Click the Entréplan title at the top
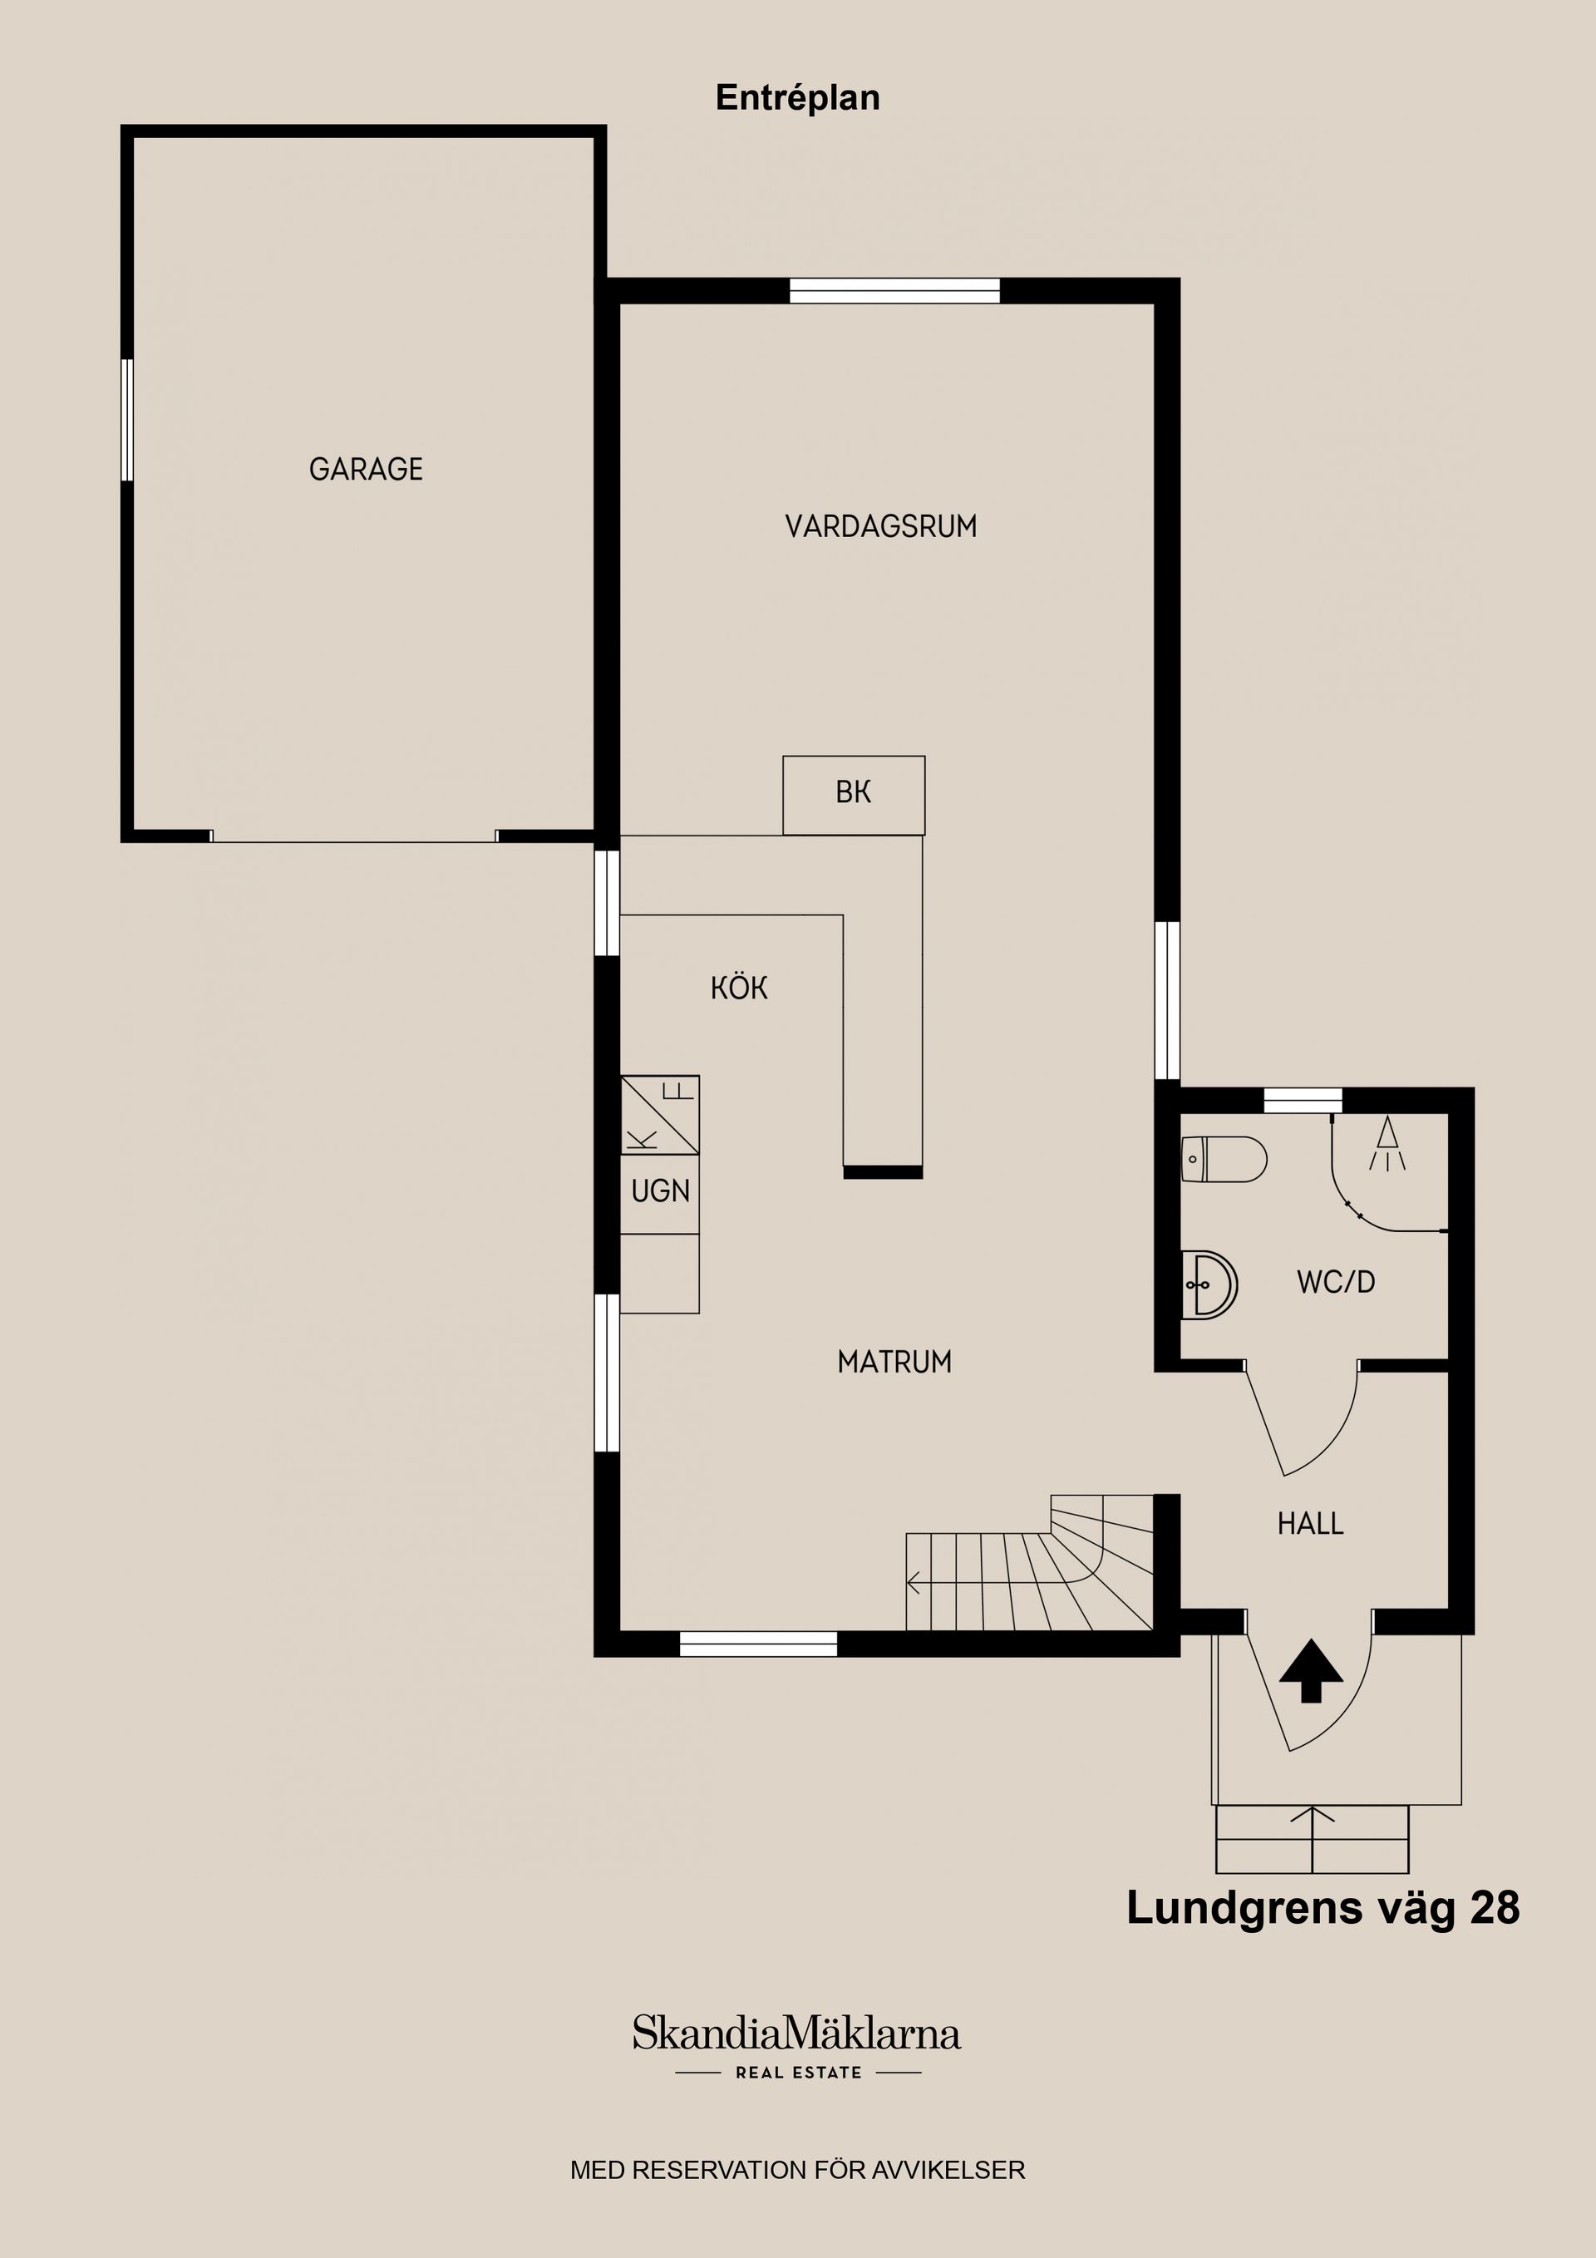pos(797,97)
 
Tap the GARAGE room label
pos(366,469)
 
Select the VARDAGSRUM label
pos(880,526)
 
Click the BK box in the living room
pos(854,792)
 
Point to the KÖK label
pos(738,988)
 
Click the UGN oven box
pos(660,1192)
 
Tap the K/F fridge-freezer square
pos(660,1114)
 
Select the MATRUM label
pos(894,1361)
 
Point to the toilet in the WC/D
pos(1224,1158)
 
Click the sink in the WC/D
pos(1208,1284)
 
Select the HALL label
pos(1310,1523)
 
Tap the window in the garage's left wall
pos(127,419)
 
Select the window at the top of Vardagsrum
pos(894,291)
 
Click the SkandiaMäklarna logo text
pos(796,2034)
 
